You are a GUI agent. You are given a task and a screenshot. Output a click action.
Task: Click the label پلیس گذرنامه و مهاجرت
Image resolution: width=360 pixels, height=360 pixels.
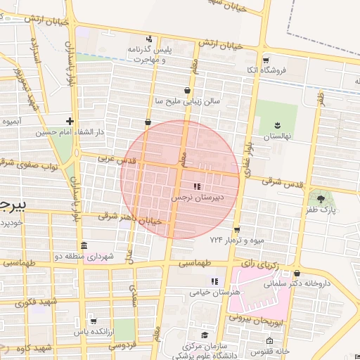click(150, 53)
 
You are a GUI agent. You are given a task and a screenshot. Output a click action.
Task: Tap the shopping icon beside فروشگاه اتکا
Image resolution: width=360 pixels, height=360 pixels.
click(267, 70)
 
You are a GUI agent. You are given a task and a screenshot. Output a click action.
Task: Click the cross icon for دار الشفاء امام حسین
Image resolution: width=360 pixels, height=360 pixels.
click(69, 121)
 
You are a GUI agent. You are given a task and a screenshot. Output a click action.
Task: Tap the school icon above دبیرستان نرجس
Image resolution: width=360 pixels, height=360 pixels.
click(197, 187)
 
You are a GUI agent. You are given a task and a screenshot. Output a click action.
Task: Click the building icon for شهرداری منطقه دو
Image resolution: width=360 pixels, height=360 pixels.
click(84, 246)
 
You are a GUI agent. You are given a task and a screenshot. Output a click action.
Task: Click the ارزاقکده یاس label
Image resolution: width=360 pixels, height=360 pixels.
click(91, 331)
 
